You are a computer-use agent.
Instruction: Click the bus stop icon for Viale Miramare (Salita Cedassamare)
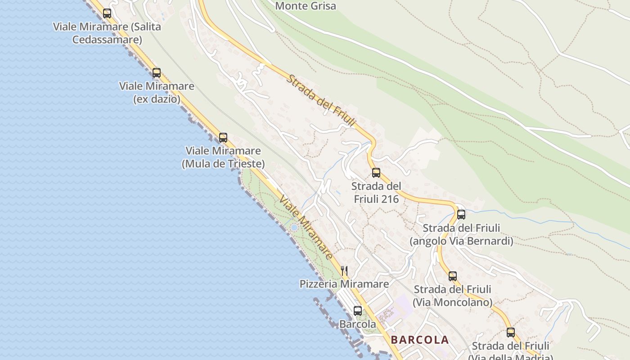[x=107, y=13]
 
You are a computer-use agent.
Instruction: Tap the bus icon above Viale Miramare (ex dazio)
[x=157, y=73]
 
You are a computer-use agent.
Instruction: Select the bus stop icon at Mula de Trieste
[x=223, y=138]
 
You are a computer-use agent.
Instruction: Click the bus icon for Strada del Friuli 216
[x=376, y=173]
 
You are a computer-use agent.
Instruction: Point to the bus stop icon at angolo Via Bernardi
[x=461, y=215]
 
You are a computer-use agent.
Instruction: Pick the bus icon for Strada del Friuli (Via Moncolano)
[x=453, y=276]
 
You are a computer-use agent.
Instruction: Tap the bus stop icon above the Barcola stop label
[x=358, y=311]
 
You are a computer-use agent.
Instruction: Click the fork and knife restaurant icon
[x=344, y=270]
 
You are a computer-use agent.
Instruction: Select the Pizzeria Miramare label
[x=344, y=284]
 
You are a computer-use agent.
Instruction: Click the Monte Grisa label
[x=306, y=6]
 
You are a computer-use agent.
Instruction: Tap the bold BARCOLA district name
[x=420, y=340]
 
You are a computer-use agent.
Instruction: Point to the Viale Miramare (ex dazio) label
[x=157, y=92]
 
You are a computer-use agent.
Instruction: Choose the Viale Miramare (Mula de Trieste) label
[x=223, y=157]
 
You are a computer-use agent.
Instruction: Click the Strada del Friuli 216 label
[x=376, y=192]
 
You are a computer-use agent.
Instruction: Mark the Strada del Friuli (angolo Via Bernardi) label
[x=461, y=234]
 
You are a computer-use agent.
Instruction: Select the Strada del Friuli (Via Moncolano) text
[x=453, y=296]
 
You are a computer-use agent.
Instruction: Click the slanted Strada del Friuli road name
[x=322, y=100]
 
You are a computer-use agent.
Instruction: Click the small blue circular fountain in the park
[x=294, y=228]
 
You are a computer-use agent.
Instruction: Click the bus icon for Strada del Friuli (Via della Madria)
[x=511, y=333]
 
